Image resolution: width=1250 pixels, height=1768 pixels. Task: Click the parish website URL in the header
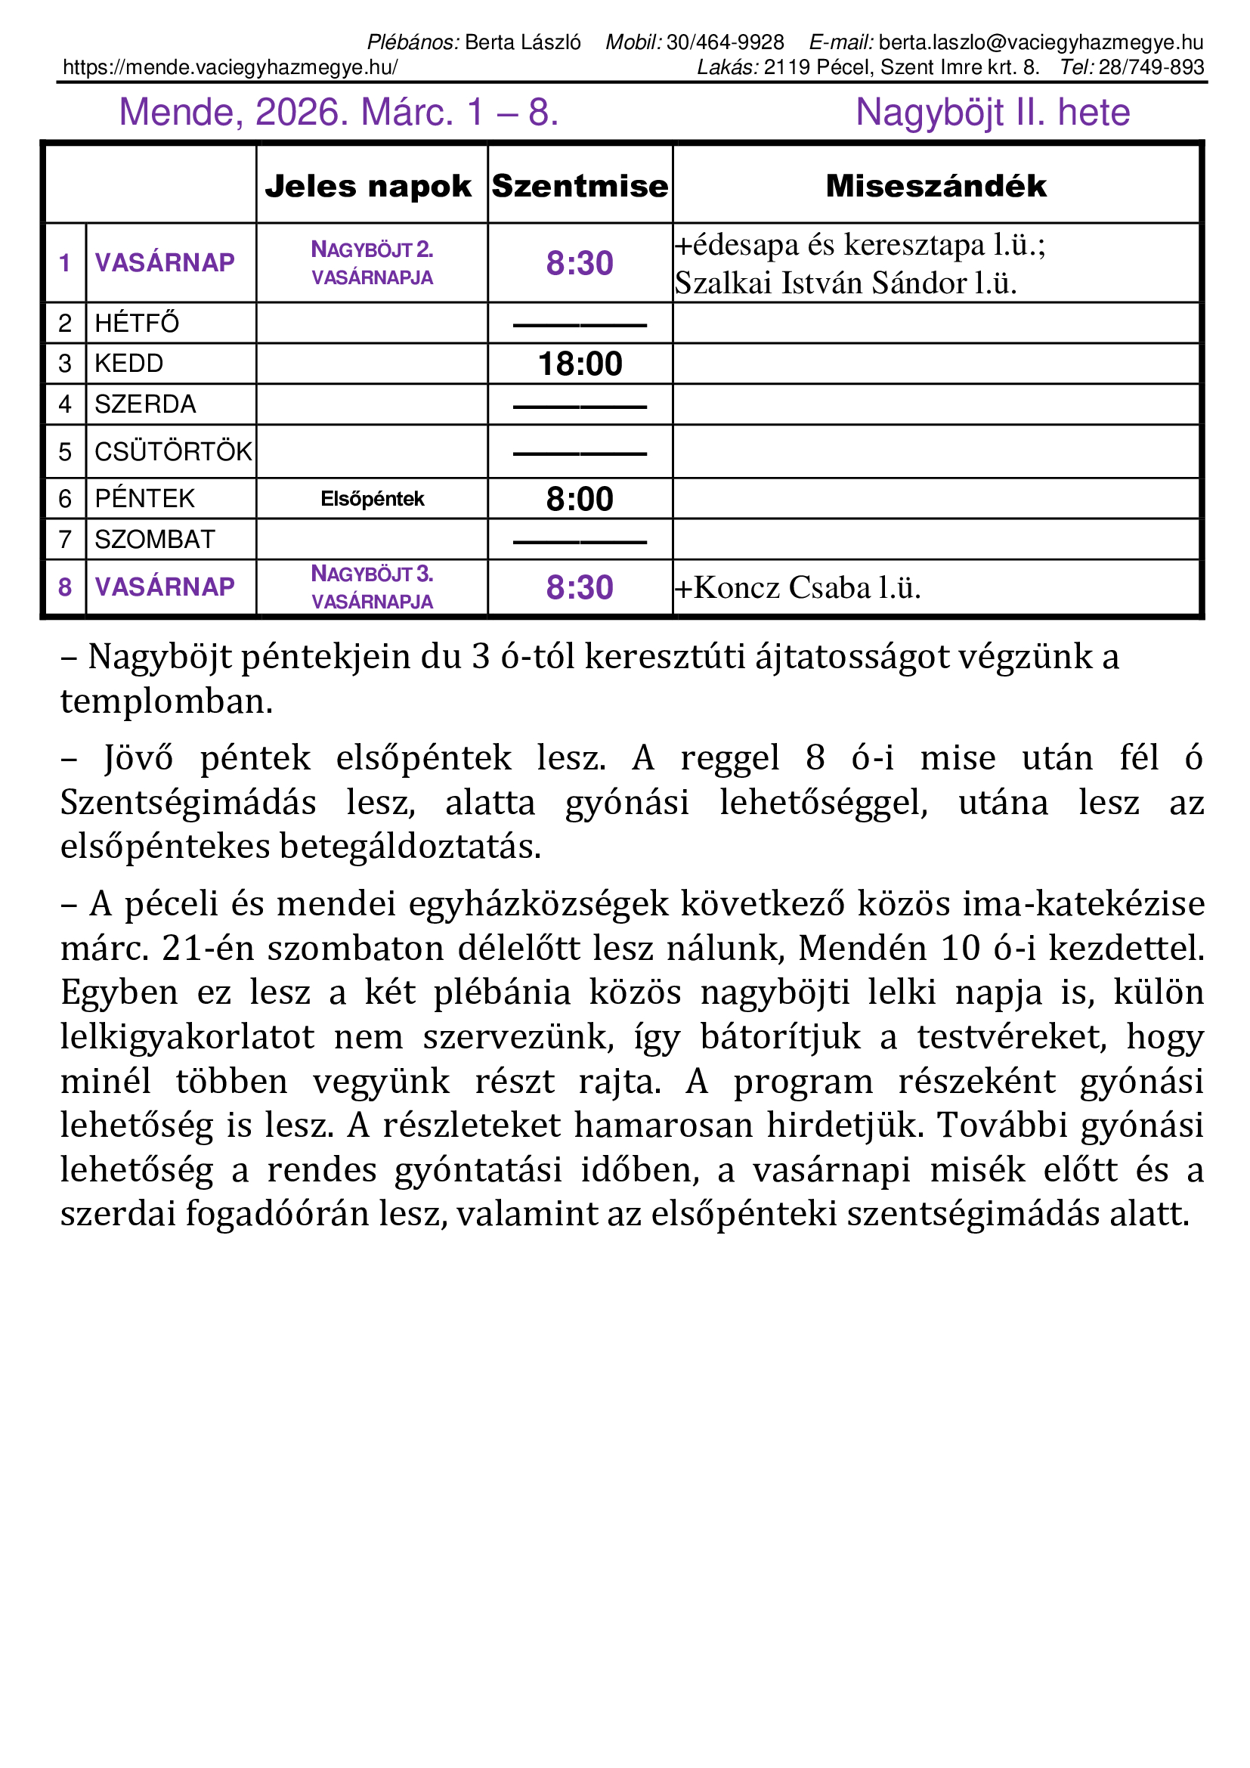231,68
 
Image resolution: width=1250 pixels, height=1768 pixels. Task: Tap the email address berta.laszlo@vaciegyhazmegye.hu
1041,42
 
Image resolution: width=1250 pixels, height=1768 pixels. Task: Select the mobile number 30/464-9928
725,42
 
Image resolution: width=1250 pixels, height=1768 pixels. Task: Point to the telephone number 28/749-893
1151,68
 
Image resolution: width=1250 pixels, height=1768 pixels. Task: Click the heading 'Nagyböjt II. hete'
992,113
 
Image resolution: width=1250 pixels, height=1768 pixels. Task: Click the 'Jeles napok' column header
368,187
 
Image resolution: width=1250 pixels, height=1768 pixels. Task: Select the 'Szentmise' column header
580,187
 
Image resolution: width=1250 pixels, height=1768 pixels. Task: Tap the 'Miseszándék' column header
936,187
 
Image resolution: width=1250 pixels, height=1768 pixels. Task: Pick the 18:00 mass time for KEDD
580,364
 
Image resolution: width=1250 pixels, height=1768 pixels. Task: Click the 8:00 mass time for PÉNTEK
580,499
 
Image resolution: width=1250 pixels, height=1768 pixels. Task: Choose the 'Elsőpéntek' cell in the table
373,499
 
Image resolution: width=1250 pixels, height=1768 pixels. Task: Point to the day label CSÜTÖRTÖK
173,452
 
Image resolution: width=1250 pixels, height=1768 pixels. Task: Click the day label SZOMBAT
155,540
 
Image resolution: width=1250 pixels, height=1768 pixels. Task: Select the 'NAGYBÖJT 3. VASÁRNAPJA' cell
373,587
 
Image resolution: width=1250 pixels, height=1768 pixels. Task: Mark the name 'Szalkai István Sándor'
821,284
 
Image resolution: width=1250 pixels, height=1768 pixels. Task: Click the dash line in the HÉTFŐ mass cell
580,326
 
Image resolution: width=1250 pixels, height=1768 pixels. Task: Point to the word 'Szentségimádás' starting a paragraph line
189,803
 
